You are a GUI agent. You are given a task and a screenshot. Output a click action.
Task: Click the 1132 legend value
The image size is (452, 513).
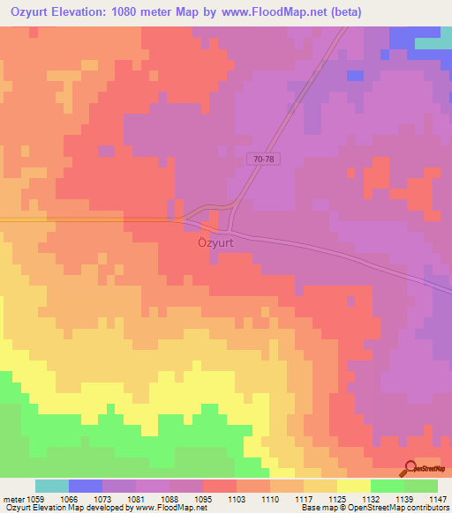[x=370, y=498]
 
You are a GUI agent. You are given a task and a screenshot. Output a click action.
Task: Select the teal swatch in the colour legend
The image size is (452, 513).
[x=52, y=486]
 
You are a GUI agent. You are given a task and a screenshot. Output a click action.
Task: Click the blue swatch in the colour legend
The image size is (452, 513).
[x=86, y=486]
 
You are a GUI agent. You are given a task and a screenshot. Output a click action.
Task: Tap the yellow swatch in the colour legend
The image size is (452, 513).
[x=353, y=486]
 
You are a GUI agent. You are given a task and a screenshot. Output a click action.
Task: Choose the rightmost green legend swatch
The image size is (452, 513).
[x=420, y=486]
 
